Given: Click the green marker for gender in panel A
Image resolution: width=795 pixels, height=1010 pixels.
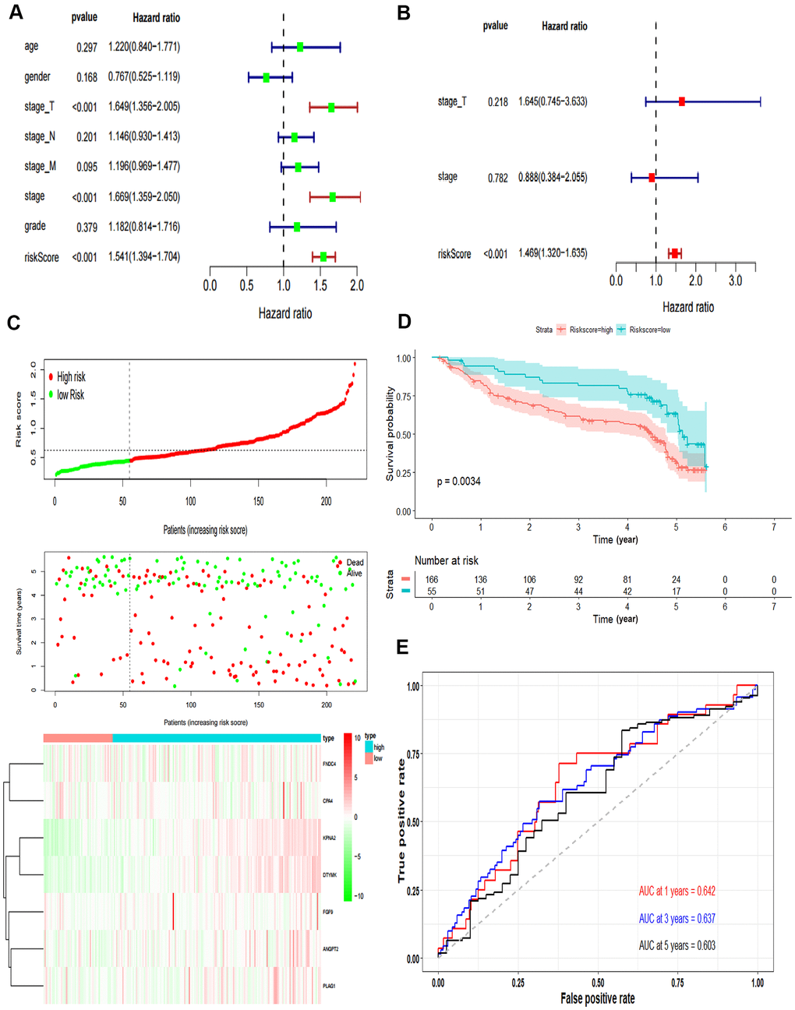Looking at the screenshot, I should (267, 77).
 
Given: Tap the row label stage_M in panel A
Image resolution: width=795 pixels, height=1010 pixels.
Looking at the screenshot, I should (40, 166).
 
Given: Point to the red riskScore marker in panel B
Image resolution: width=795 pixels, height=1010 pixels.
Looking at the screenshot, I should (674, 253).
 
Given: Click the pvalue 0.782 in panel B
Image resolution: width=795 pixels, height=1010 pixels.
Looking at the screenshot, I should (498, 178).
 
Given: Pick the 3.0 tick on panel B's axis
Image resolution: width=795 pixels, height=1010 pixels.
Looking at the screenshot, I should (735, 281).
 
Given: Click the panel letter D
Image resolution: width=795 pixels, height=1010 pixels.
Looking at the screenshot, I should (404, 322).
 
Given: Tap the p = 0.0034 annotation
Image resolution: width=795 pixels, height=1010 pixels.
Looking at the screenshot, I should (458, 482).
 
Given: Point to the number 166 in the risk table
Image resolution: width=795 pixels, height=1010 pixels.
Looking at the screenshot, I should (432, 580).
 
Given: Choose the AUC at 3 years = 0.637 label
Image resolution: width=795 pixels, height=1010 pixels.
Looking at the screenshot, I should (677, 919).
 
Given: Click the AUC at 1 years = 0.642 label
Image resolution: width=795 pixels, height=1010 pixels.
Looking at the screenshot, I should (677, 892).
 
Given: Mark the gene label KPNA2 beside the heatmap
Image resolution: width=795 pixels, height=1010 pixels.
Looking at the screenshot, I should (329, 838).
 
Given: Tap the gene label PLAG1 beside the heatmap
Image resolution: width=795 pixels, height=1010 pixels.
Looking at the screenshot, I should (329, 986).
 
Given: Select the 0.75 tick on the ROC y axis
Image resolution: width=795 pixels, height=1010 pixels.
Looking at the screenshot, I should (413, 754).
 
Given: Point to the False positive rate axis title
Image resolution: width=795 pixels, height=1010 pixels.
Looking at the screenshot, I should (597, 998).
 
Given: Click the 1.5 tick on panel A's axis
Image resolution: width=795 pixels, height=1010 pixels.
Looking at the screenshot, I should (320, 285).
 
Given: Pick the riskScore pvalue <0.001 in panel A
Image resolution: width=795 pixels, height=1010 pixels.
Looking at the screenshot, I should (85, 257).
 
